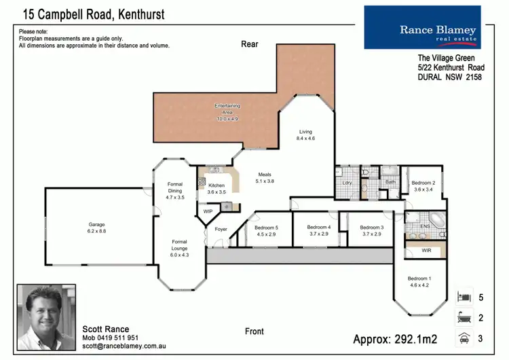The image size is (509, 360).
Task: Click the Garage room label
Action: click(96, 224)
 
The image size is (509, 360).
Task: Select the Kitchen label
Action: click(216, 185)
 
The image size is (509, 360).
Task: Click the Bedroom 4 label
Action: click(318, 228)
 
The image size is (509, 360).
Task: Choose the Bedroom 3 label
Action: click(371, 228)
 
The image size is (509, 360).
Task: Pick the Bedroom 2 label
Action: click(423, 183)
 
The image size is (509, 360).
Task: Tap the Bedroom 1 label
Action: click(419, 278)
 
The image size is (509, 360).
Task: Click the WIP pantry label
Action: click(208, 212)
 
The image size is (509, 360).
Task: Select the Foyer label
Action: click(221, 230)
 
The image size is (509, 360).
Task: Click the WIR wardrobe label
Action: click(426, 251)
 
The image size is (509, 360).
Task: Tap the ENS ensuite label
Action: click(425, 226)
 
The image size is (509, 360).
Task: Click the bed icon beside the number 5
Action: click(465, 297)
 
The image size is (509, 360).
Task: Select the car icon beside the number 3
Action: click(465, 338)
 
